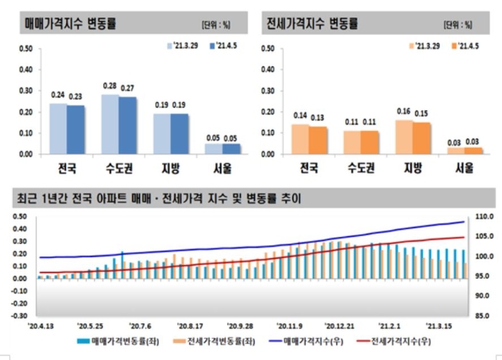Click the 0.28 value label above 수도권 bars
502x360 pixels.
pos(110,88)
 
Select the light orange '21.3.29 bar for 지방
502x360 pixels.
pos(404,138)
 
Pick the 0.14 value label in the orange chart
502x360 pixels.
pos(300,117)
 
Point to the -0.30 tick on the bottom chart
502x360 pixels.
pos(21,315)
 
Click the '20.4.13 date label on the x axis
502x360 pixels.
pos(41,323)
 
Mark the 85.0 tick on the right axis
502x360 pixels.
pos(482,315)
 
